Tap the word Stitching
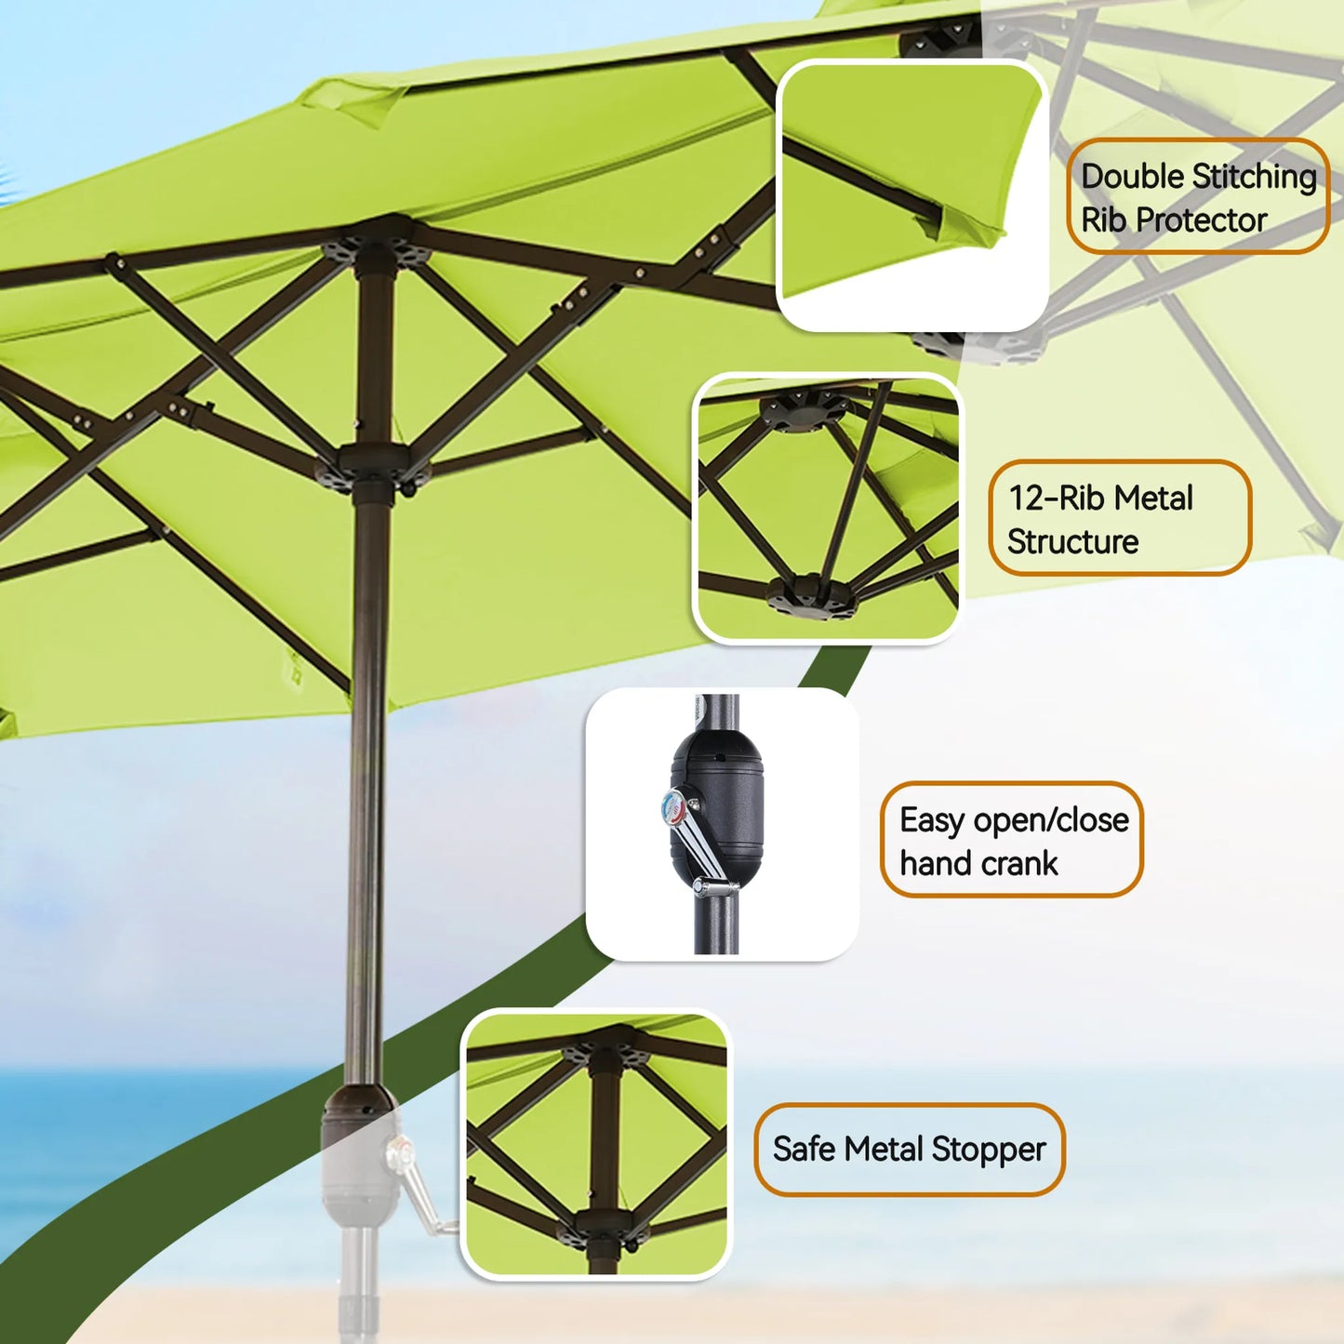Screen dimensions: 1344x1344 pyautogui.click(x=1254, y=177)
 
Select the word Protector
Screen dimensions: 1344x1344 pyautogui.click(x=1201, y=220)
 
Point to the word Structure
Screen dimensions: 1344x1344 pyautogui.click(x=1072, y=542)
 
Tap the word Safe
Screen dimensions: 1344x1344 pyautogui.click(x=805, y=1148)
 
